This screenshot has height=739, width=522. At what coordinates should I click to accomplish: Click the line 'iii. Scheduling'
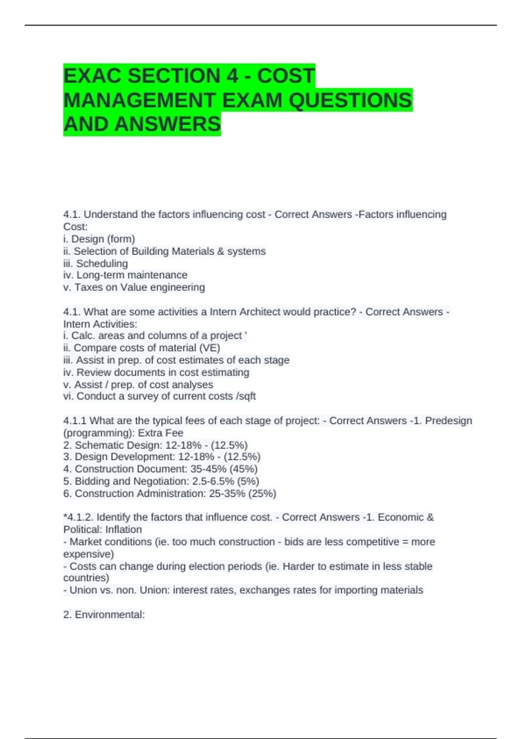click(x=96, y=263)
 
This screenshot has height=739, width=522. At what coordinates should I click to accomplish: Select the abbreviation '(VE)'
click(x=210, y=348)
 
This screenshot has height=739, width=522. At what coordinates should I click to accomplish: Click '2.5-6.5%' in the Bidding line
click(x=213, y=481)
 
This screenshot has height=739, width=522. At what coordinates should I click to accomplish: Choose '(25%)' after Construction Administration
click(x=262, y=493)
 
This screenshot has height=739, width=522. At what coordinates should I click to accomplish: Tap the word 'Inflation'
click(x=124, y=529)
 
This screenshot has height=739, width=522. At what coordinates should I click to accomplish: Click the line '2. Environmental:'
click(x=104, y=615)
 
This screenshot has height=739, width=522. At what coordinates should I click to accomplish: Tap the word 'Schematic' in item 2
click(x=97, y=445)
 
